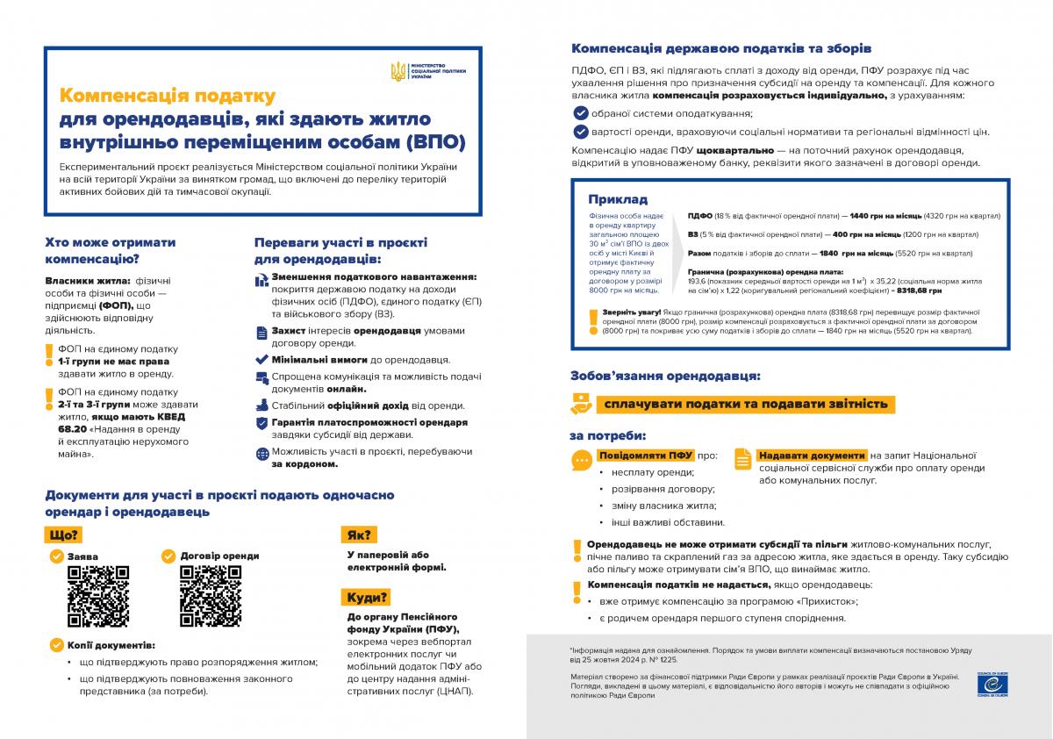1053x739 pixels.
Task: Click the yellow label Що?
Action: pos(64,535)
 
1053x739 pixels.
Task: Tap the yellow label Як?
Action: pos(359,535)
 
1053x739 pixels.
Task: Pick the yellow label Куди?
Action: pos(367,598)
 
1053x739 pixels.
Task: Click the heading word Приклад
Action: pos(618,199)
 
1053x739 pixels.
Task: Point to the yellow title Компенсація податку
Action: pos(167,95)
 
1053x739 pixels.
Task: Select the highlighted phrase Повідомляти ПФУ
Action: pos(645,456)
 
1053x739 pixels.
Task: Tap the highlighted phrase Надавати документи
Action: pos(810,456)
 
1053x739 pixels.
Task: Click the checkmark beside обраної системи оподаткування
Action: pos(580,113)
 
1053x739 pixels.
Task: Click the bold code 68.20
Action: pos(73,429)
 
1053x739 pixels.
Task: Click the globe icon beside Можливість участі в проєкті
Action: pos(261,455)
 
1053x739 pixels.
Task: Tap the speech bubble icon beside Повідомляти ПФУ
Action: pos(580,460)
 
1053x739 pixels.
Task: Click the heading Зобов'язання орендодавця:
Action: pos(665,375)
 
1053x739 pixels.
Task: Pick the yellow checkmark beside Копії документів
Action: pos(56,645)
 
